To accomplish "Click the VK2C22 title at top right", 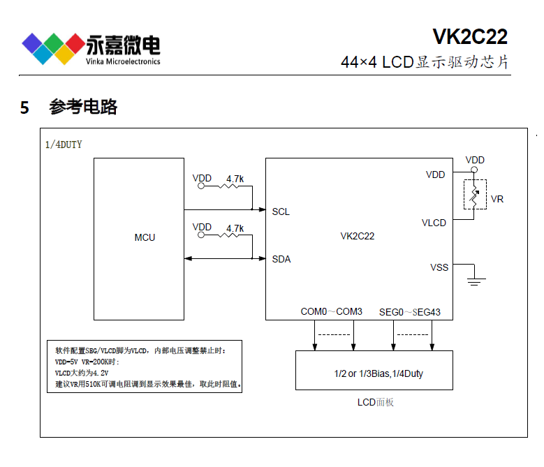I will pos(469,36).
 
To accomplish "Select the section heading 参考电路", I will pos(83,108).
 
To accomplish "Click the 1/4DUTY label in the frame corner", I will pos(64,144).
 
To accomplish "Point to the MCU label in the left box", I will pos(145,237).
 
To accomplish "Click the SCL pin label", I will pos(281,212).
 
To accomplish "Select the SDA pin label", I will pos(281,259).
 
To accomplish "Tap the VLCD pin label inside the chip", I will pos(434,223).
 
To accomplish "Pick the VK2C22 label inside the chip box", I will pos(358,236).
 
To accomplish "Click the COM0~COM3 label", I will pos(331,311).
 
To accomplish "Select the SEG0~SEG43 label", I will pos(410,311).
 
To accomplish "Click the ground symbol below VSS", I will pos(475,281).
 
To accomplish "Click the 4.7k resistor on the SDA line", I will pos(234,235).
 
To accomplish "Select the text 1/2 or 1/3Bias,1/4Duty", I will pos(378,373).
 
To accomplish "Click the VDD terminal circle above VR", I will pos(475,170).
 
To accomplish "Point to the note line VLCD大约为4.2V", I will pos(82,373).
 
